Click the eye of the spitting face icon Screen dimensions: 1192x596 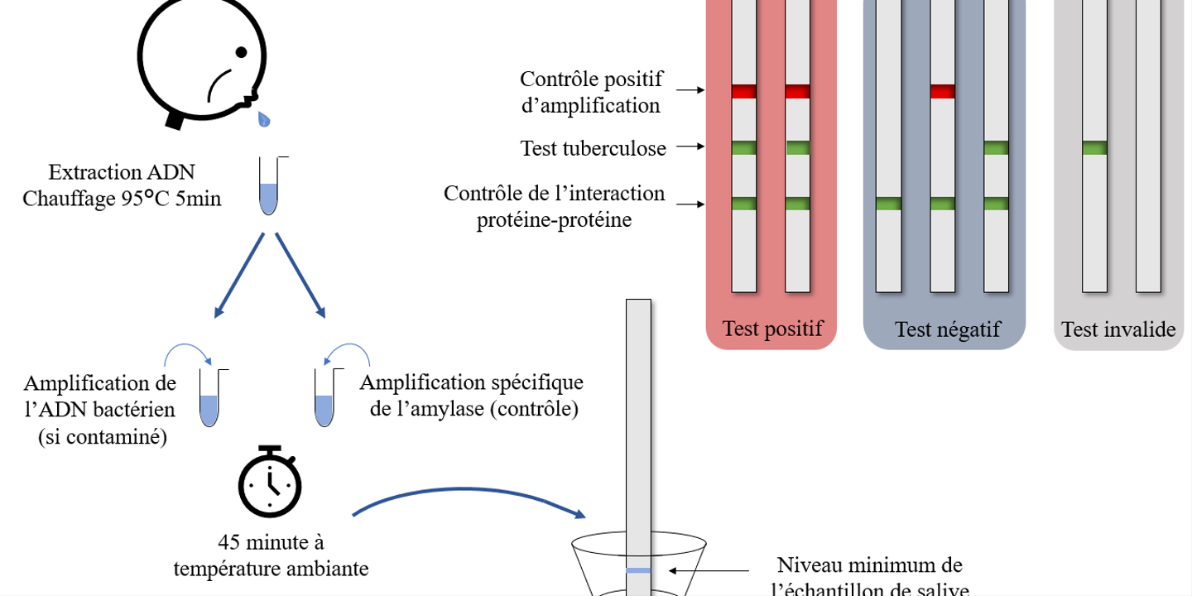click(241, 52)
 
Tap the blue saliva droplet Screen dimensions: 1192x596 click(264, 119)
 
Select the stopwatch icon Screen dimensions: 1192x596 click(270, 482)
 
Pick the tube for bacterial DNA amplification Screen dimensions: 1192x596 click(210, 397)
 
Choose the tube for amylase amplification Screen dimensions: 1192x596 click(325, 397)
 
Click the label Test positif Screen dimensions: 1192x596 click(772, 329)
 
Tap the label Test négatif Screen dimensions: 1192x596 click(947, 329)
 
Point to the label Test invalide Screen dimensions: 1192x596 click(1118, 329)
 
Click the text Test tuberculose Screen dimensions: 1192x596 click(593, 148)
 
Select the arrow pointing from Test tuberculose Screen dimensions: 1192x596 click(690, 147)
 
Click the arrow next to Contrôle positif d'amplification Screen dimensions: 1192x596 click(690, 90)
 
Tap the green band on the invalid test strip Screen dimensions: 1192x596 click(1094, 147)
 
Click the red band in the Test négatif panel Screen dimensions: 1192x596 click(942, 91)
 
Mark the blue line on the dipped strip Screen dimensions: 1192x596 click(638, 570)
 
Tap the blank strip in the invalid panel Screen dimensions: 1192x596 click(1148, 147)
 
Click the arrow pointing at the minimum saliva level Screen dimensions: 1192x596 click(709, 570)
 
